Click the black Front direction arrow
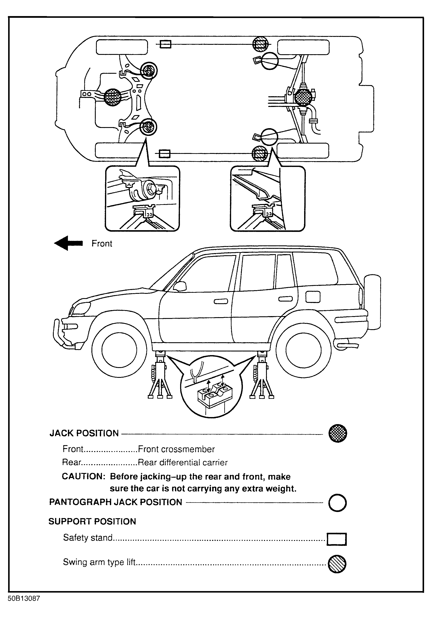[x=69, y=243]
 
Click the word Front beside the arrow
[x=102, y=243]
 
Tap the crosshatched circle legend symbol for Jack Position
[x=338, y=433]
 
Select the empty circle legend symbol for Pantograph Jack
[x=338, y=503]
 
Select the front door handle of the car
[x=221, y=302]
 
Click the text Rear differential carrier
[x=182, y=462]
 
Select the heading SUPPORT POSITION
[x=92, y=522]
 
